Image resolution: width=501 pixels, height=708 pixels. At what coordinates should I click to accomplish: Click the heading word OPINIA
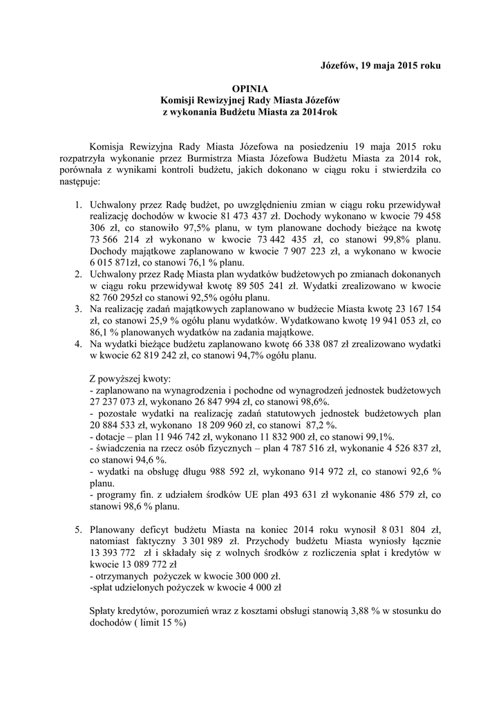(x=250, y=88)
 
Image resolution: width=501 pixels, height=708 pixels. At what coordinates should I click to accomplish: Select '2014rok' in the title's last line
(x=321, y=112)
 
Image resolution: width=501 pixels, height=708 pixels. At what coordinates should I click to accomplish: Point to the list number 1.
(x=78, y=205)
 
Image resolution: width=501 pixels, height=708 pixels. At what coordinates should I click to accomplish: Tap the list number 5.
(x=78, y=529)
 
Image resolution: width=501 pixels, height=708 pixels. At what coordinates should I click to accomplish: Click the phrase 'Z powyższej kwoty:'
(x=132, y=380)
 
